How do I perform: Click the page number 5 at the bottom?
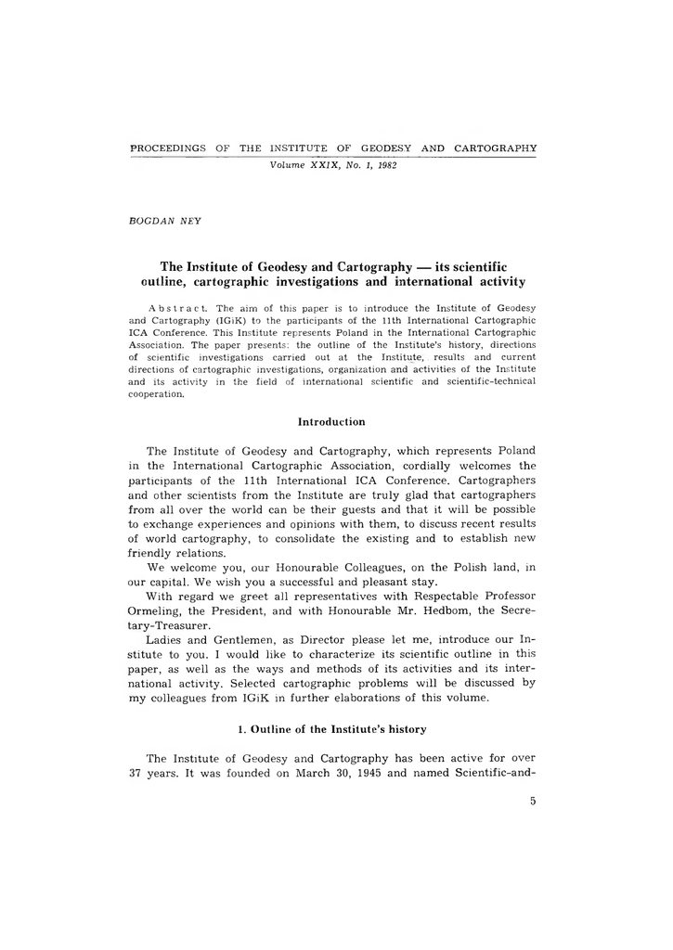point(533,803)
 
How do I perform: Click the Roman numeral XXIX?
point(330,165)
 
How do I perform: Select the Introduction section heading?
point(331,422)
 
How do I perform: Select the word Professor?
point(503,598)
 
